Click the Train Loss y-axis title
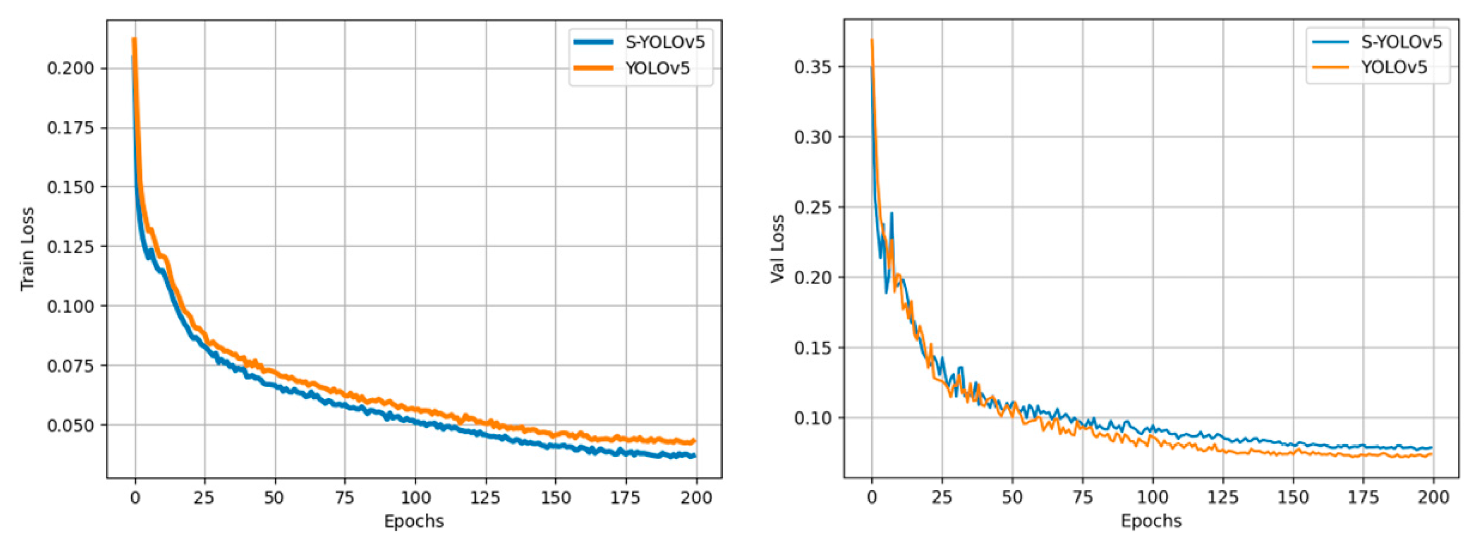pos(27,248)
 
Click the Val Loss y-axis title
pos(777,248)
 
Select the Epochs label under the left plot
pos(414,521)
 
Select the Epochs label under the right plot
pos(1151,521)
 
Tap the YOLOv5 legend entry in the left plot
pos(658,68)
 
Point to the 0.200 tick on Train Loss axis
pos(70,69)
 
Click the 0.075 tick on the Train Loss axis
pos(70,366)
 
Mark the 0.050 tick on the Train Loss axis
pos(70,426)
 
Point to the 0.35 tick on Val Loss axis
pos(813,67)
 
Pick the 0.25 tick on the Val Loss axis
pos(813,208)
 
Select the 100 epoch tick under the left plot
pos(415,497)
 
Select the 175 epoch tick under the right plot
pos(1363,497)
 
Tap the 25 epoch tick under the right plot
pos(942,497)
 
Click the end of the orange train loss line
pos(695,441)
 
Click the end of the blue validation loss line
pos(1432,448)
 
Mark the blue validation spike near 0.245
pos(892,213)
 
